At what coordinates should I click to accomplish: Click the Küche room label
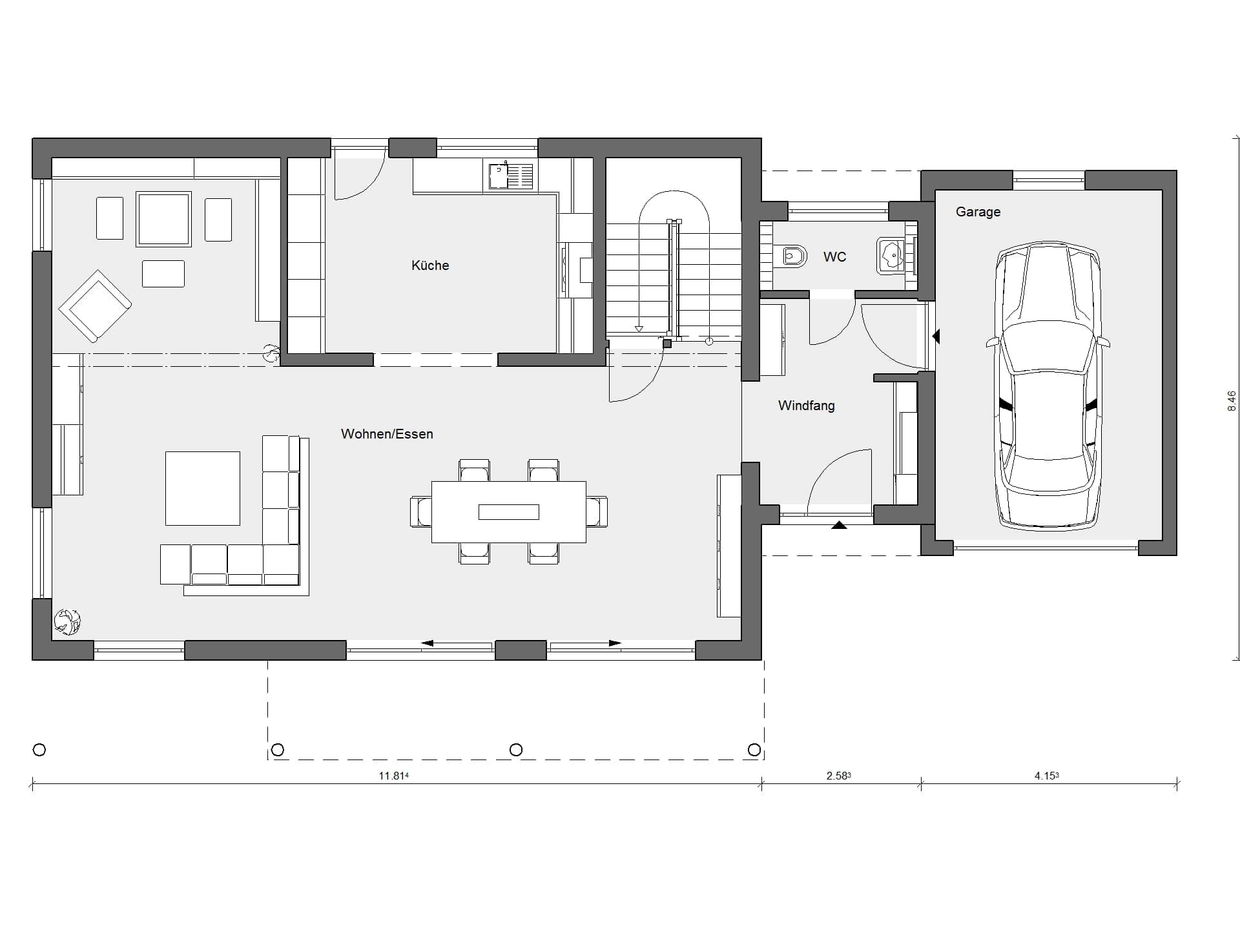tap(430, 265)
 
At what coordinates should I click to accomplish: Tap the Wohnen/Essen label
tap(387, 434)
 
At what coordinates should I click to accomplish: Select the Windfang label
tap(806, 406)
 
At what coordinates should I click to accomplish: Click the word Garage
tap(978, 212)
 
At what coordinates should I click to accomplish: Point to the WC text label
tap(834, 257)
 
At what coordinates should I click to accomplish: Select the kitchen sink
tap(511, 176)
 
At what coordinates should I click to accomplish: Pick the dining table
tap(509, 512)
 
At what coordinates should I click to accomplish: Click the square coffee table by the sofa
tap(203, 488)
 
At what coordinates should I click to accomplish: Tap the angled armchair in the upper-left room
tap(95, 306)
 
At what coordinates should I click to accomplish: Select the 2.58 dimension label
tap(838, 776)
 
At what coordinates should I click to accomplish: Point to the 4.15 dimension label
tap(1046, 776)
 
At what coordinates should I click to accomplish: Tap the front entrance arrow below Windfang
tap(839, 525)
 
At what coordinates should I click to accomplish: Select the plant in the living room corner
tap(67, 622)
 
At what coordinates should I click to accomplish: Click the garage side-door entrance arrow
tap(936, 336)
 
